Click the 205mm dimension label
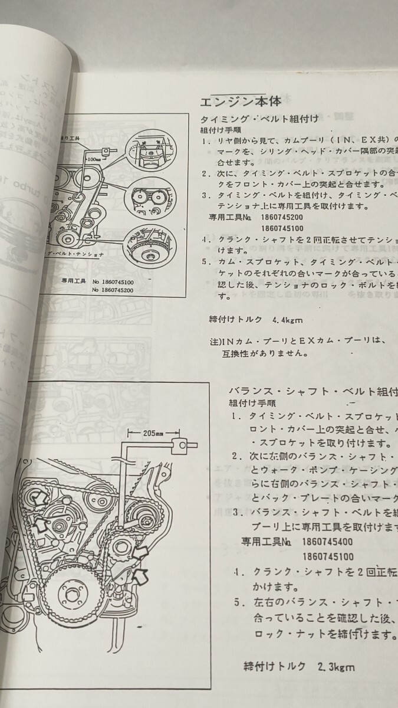pyautogui.click(x=152, y=432)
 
